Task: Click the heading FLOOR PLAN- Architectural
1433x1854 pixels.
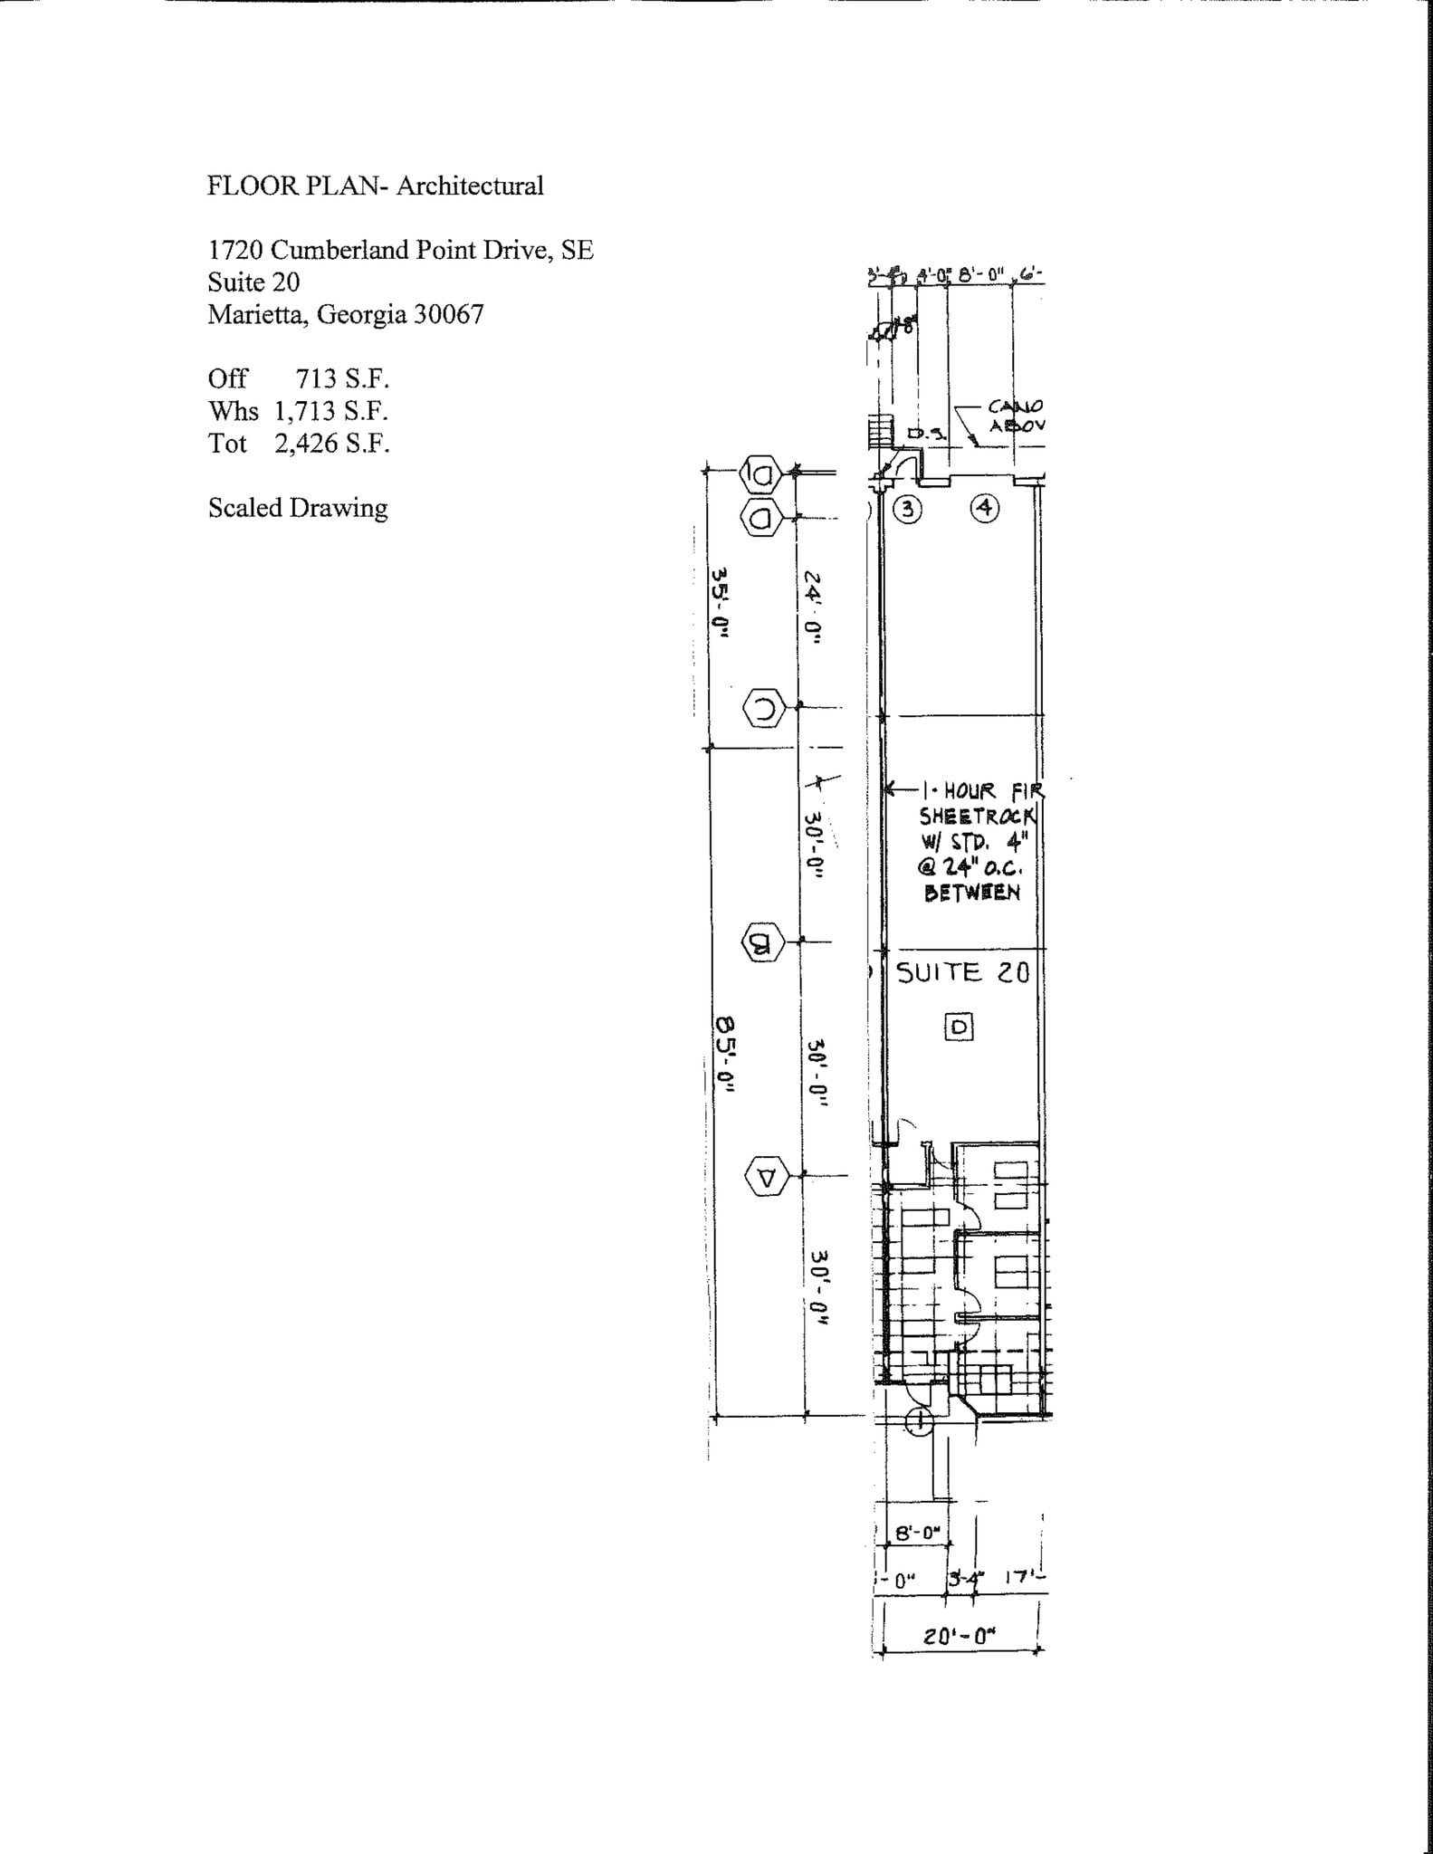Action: (375, 186)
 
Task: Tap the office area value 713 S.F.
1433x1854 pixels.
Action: (342, 378)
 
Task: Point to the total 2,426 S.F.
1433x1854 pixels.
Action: (332, 444)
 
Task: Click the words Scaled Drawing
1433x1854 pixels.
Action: (298, 508)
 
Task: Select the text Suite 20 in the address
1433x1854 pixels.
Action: (253, 282)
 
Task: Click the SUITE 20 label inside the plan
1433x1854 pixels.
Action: (962, 973)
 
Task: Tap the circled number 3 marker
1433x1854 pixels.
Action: (907, 510)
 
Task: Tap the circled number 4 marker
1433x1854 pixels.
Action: (985, 509)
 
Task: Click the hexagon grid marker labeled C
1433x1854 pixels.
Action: (763, 708)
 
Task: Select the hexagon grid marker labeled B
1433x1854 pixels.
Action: (761, 943)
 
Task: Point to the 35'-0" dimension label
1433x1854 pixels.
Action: (721, 602)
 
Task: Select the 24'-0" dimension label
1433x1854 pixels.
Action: (812, 607)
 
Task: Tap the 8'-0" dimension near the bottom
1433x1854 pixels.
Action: (918, 1534)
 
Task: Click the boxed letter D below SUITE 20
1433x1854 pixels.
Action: (959, 1027)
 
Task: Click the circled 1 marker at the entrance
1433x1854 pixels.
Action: (919, 1422)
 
